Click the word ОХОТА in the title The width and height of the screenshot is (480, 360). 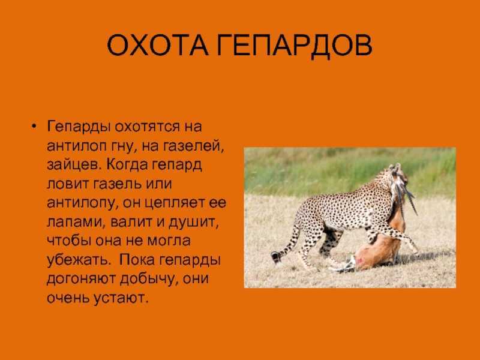[158, 46]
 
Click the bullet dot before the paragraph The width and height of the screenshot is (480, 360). [34, 127]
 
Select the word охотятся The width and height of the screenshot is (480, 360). [147, 127]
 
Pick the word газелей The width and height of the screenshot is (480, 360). [192, 146]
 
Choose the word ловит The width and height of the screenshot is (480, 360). [68, 184]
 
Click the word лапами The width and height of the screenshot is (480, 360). [74, 221]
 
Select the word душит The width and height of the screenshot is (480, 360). [194, 222]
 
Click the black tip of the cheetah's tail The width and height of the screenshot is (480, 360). [276, 257]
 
